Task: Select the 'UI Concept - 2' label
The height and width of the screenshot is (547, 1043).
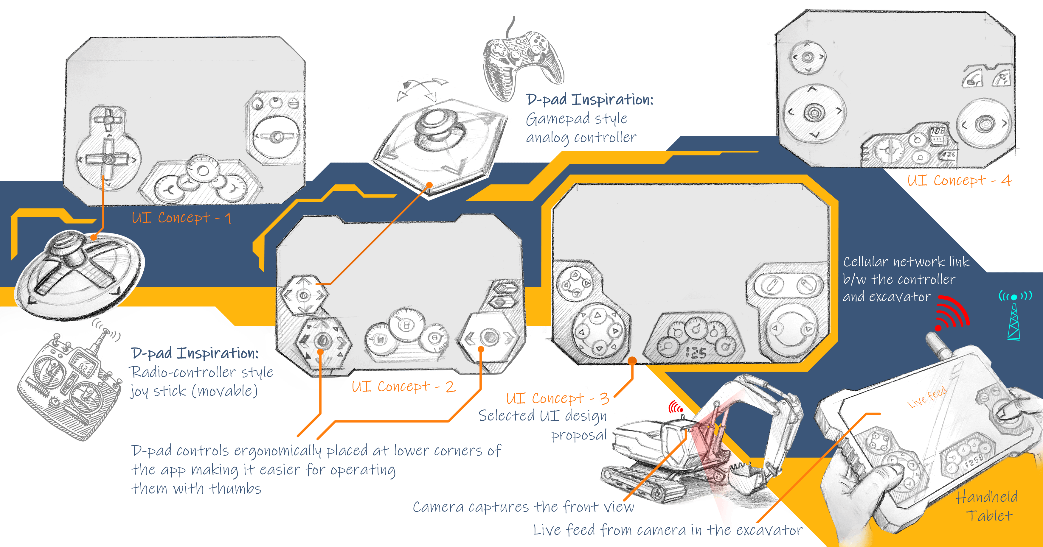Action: [x=403, y=387]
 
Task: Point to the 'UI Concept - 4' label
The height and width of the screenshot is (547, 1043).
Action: [x=959, y=180]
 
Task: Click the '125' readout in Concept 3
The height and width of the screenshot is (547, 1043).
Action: [x=696, y=353]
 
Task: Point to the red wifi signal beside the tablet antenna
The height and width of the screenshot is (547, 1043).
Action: [x=952, y=314]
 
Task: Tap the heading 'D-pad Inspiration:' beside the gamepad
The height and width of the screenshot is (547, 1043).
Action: [x=589, y=99]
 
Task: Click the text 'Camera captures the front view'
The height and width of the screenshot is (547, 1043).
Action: [x=523, y=507]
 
